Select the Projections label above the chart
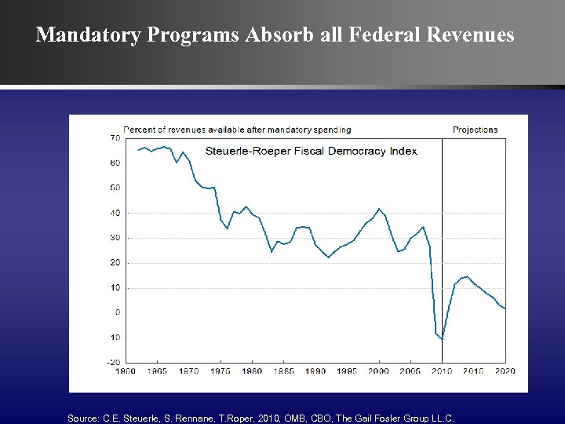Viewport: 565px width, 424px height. pos(475,130)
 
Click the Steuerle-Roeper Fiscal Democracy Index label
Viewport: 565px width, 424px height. pos(311,151)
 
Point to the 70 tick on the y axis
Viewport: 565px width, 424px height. pos(115,138)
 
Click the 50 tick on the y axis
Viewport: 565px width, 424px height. pos(115,188)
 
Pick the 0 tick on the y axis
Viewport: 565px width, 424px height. pos(118,313)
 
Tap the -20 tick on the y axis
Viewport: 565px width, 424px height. pos(113,362)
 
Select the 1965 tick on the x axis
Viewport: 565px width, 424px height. pos(156,371)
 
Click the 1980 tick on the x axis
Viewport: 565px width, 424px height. pos(252,371)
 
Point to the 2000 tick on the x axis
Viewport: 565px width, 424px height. pos(379,371)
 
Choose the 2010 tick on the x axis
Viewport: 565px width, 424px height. pos(443,371)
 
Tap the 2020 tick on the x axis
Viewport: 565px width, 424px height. pos(505,371)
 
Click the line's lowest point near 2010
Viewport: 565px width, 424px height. pos(442,339)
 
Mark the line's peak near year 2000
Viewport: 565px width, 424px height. pos(379,209)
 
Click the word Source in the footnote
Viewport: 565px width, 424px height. pos(82,419)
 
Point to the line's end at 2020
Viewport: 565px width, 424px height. pos(505,308)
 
